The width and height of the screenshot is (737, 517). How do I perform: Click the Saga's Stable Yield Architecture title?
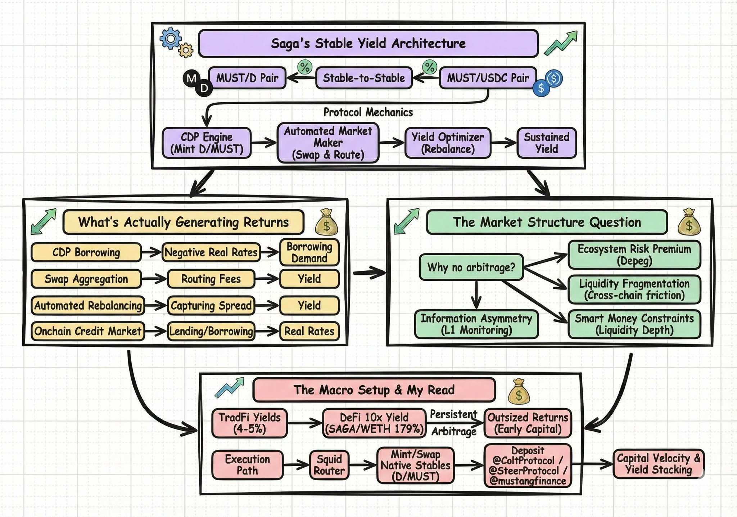coord(368,44)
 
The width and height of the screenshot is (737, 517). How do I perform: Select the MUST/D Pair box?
coord(247,78)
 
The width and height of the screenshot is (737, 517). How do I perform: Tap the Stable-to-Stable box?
coord(364,78)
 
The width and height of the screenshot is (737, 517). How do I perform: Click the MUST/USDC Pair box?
coord(488,78)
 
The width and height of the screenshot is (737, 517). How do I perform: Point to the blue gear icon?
coord(170,39)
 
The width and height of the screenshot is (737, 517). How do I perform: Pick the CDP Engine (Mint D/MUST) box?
coord(207,143)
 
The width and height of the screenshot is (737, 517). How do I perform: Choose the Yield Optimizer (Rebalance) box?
coord(448,143)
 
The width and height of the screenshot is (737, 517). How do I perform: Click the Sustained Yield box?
coord(546,143)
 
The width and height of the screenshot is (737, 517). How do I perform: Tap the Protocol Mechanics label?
coord(368,112)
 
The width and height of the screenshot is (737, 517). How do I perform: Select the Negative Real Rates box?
coord(211,252)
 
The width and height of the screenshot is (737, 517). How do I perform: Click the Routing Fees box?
coord(211,279)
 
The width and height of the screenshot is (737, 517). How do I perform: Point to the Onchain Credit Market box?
coord(88,331)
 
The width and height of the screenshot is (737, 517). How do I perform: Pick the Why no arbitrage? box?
coord(471,268)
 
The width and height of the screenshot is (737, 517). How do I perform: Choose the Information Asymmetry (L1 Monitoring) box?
coord(476,324)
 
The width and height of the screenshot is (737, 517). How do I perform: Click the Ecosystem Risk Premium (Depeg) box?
coord(634,255)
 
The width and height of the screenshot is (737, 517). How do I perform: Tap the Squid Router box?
coord(329,465)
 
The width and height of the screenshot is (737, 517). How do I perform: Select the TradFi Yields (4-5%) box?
coord(249,423)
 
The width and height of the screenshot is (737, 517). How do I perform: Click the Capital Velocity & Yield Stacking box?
coord(658,464)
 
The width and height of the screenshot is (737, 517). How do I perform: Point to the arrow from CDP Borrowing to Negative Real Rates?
coord(151,252)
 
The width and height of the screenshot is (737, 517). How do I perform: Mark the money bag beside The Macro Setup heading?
coord(519,391)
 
